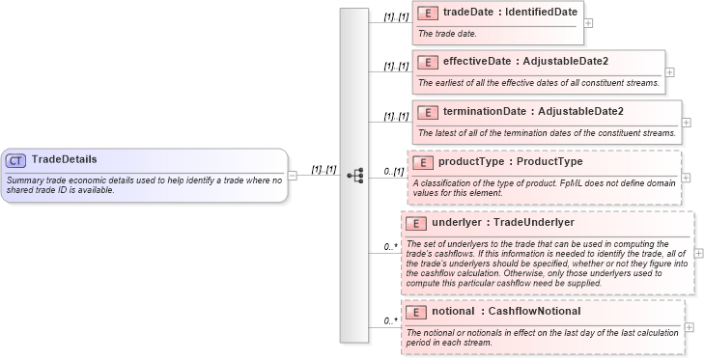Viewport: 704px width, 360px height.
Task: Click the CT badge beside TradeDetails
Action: (16, 160)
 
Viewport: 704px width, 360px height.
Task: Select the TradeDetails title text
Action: (64, 159)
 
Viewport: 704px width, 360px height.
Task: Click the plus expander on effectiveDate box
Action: (670, 71)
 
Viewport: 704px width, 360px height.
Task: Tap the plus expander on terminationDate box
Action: (687, 122)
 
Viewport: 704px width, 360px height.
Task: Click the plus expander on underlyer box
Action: (698, 253)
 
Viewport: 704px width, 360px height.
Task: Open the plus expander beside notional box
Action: (689, 327)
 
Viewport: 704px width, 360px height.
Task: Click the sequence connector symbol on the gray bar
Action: (355, 175)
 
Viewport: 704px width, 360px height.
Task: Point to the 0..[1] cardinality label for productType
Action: (393, 171)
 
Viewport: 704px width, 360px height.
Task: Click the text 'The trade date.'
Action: (449, 34)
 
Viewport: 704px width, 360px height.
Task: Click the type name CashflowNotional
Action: (534, 312)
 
